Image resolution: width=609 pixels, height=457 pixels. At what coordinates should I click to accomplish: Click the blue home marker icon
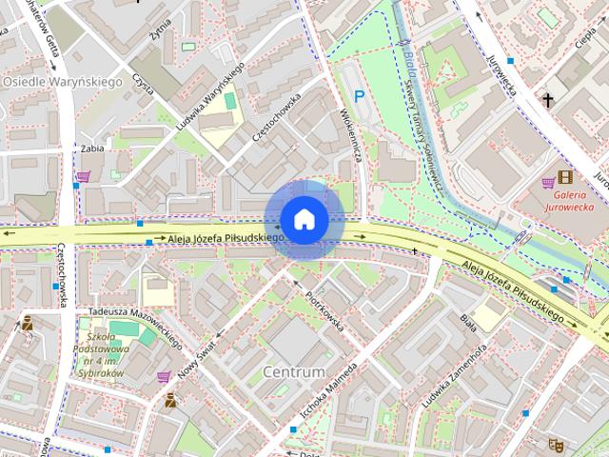304,220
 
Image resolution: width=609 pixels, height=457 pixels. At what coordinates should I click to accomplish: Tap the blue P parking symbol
359,95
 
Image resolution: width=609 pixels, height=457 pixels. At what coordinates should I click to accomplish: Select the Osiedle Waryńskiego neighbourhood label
63,83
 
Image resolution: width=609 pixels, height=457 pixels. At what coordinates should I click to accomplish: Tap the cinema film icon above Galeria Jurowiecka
566,177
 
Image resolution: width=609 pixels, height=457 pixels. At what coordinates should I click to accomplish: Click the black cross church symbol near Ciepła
548,99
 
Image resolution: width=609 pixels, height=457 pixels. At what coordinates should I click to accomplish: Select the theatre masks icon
556,444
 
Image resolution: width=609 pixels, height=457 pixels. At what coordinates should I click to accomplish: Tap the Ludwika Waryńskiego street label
210,95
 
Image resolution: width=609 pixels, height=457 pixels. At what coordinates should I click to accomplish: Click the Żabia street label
92,149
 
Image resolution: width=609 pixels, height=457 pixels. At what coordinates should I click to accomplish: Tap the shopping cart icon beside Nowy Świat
163,376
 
